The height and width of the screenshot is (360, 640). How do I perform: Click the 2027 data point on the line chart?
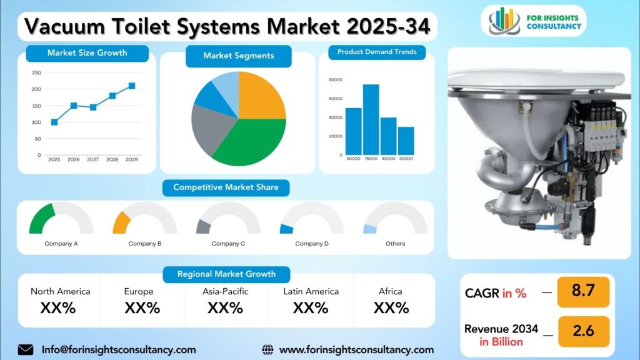tap(93, 107)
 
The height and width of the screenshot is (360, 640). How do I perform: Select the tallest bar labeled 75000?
tap(371, 119)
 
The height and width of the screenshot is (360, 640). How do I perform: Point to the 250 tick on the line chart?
tap(36, 73)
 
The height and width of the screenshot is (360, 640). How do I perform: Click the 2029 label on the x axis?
tap(131, 160)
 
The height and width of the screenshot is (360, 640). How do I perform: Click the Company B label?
tap(145, 244)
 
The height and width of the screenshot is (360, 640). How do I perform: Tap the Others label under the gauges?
tap(395, 244)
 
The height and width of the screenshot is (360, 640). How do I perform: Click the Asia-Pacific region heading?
tap(225, 291)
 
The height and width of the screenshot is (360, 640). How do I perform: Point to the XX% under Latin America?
tap(311, 308)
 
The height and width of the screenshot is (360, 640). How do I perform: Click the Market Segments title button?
tap(238, 56)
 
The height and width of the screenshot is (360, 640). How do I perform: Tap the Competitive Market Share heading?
tap(226, 187)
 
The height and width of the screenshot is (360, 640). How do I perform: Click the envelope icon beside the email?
tap(26, 349)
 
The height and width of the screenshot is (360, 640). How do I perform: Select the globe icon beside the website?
tap(268, 349)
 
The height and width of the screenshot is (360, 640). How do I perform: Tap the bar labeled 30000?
tap(406, 141)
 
